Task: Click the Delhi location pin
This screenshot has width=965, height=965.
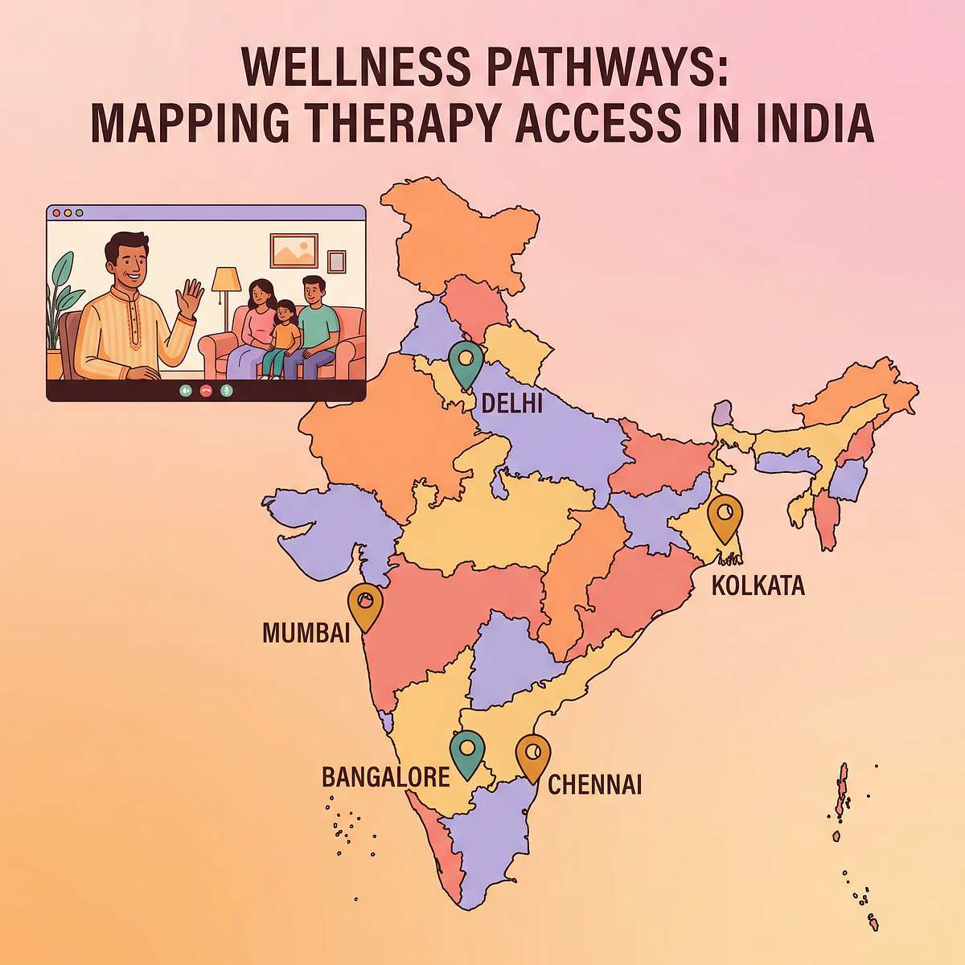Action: tap(466, 363)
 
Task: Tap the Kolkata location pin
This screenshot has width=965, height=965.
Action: tap(725, 516)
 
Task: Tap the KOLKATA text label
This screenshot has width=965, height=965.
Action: tap(758, 585)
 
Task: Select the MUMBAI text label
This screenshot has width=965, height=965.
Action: tap(306, 633)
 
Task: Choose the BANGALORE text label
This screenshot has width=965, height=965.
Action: tap(385, 778)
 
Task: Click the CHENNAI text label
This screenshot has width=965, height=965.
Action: tap(595, 785)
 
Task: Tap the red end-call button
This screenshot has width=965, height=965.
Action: tap(206, 390)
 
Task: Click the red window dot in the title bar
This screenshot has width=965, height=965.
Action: tap(56, 213)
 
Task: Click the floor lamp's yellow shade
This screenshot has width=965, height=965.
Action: tap(226, 280)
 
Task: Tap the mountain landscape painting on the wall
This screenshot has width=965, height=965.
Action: tap(294, 250)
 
